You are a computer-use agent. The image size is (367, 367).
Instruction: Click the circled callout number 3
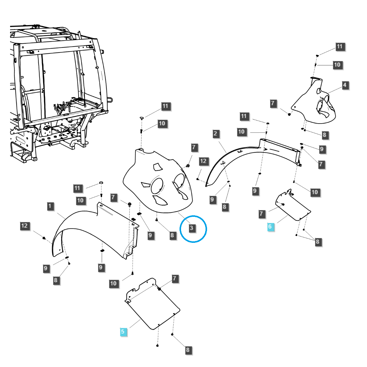pos(192,228)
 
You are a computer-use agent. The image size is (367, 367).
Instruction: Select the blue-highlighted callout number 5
pos(123,332)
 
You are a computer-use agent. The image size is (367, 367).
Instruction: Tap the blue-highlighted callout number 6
pos(270,227)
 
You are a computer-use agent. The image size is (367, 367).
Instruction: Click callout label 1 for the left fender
pos(50,206)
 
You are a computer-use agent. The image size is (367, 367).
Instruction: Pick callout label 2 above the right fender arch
pos(215,133)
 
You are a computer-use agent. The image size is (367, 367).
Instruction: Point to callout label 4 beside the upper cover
pos(345,85)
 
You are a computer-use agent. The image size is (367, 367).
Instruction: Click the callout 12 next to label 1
pos(24,226)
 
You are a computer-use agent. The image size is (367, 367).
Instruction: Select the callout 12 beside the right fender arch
pos(203,161)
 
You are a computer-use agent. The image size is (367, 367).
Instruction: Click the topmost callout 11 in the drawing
pos(339,47)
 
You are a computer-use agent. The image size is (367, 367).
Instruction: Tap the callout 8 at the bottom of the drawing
pos(187,350)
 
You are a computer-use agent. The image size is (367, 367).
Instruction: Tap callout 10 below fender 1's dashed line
pos(113,284)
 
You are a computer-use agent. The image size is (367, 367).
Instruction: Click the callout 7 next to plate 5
pos(175,278)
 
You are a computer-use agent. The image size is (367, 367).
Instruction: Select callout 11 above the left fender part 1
pos(77,188)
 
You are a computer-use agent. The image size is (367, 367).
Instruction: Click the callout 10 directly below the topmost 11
pos(337,65)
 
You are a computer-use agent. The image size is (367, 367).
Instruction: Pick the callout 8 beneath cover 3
pos(172,235)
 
